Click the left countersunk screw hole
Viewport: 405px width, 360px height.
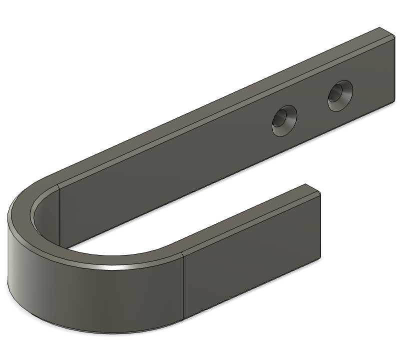(x=284, y=121)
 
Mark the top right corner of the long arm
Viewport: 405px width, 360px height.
(x=381, y=28)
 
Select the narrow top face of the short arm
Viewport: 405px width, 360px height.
(x=250, y=220)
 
